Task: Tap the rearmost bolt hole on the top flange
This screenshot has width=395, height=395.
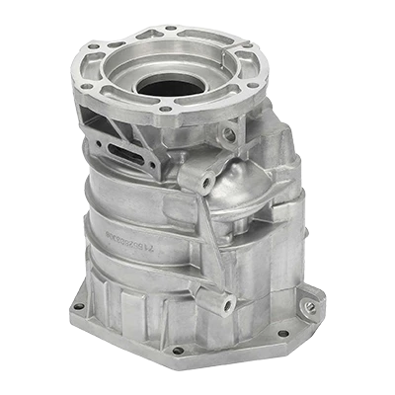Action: pyautogui.click(x=170, y=29)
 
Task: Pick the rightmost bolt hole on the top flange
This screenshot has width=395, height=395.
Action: pyautogui.click(x=251, y=85)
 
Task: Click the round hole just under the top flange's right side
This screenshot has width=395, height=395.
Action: pyautogui.click(x=229, y=134)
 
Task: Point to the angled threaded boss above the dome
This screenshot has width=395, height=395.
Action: pyautogui.click(x=208, y=183)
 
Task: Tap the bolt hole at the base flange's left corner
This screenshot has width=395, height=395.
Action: pyautogui.click(x=78, y=306)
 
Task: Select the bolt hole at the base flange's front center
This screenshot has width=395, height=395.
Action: pyautogui.click(x=178, y=350)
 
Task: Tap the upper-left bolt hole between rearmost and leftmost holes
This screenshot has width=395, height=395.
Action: pyautogui.click(x=94, y=46)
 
